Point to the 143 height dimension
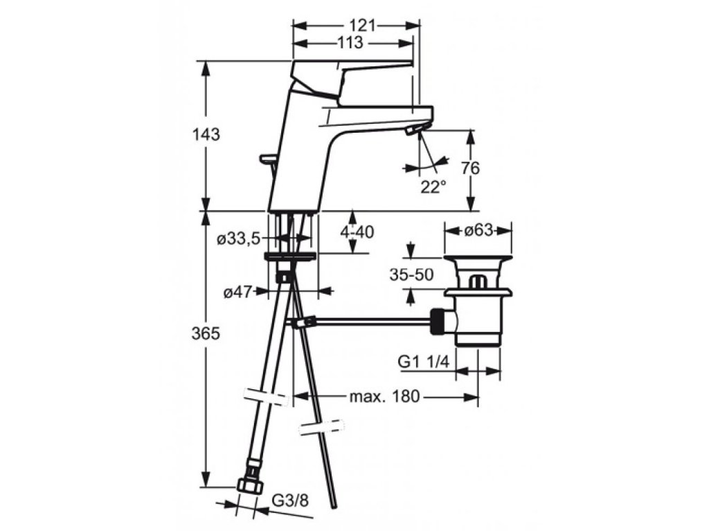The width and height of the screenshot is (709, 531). (206, 135)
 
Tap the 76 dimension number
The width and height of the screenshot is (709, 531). (470, 168)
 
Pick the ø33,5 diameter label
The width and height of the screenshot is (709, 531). (237, 239)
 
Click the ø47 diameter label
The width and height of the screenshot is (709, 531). (237, 292)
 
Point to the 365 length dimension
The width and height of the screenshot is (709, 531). (206, 333)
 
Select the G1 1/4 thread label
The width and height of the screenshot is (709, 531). (424, 361)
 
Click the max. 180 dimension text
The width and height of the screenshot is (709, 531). (384, 397)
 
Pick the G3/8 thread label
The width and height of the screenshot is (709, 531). (289, 499)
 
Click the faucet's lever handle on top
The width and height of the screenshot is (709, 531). (353, 70)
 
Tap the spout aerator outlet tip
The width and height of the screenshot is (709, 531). (415, 129)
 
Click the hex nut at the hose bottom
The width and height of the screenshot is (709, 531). (248, 485)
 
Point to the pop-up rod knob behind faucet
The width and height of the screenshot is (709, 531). (267, 160)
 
